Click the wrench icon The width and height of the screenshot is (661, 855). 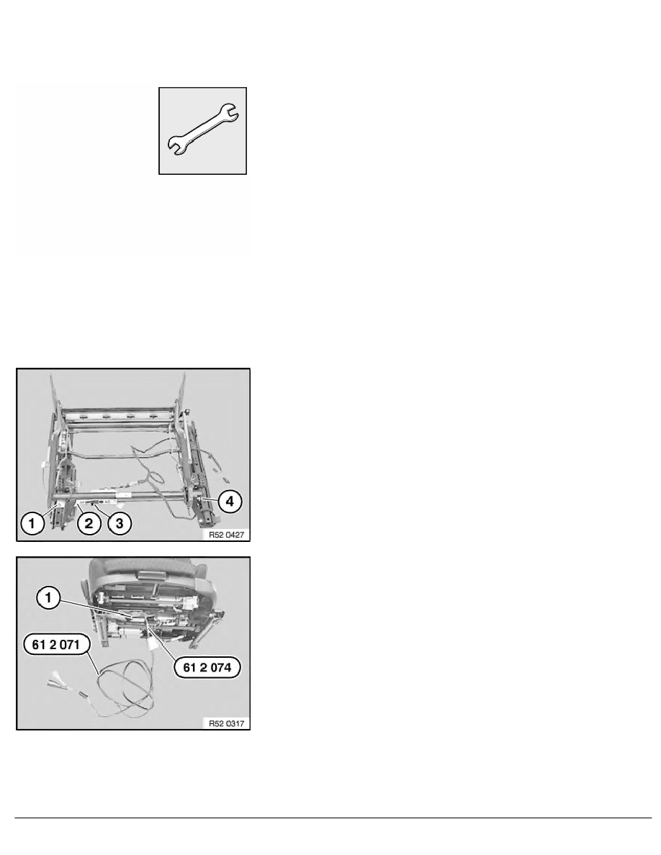click(203, 130)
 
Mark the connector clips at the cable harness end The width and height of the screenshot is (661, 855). click(56, 684)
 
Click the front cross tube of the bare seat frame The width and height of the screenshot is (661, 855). click(122, 496)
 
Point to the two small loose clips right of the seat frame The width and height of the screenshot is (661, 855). click(225, 476)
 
